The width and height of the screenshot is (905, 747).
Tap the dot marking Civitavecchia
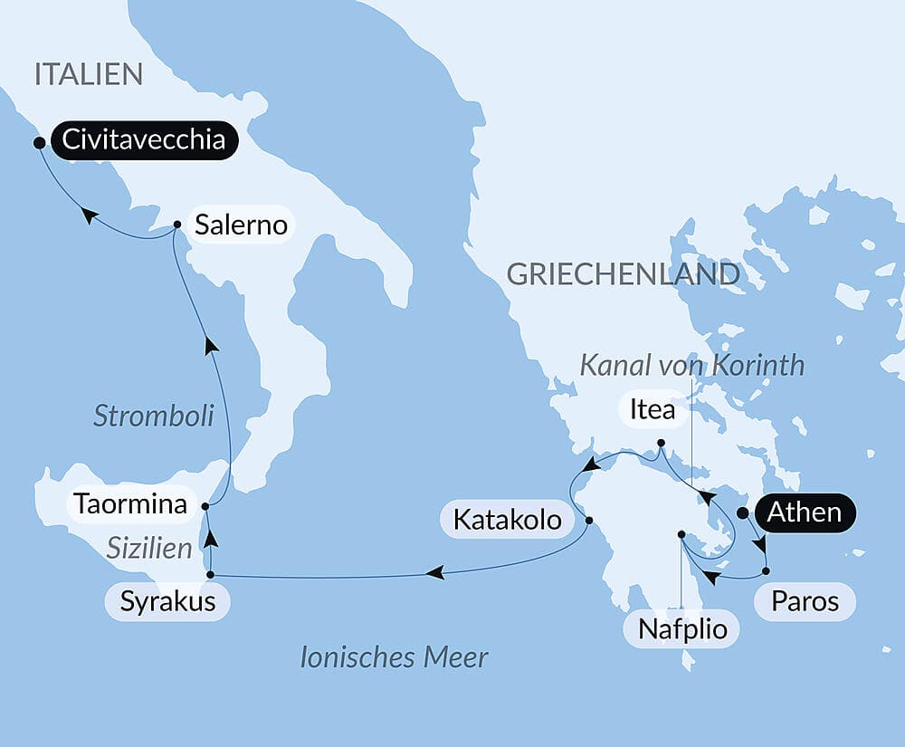point(39,142)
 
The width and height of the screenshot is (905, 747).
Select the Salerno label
point(241,225)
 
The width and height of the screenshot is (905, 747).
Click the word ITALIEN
point(89,74)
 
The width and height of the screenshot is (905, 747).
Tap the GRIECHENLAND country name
point(624,274)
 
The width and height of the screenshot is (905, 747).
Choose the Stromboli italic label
point(154,416)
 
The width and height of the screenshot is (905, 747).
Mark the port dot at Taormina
point(205,505)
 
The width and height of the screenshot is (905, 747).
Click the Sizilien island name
point(149,548)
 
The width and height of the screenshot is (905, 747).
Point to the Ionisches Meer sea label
point(394,657)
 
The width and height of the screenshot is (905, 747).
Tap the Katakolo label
point(507,520)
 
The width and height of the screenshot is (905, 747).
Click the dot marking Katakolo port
point(589,521)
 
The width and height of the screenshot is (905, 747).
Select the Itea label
point(652,409)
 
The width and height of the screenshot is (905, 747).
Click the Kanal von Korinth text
point(691,365)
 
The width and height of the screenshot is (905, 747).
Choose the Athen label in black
point(804,512)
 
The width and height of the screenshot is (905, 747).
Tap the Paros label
point(805,601)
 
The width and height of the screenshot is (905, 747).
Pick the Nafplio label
point(681,627)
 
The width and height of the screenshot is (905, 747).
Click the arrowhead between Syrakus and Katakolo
point(435,572)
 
